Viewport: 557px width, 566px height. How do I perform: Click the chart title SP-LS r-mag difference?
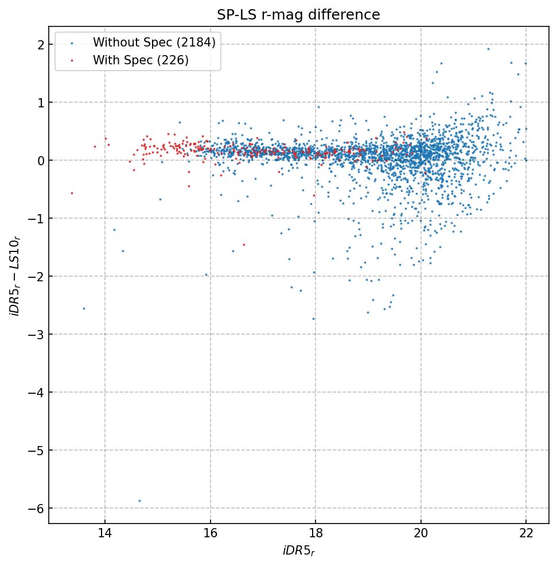coord(298,15)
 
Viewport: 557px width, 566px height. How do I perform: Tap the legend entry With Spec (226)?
coord(141,60)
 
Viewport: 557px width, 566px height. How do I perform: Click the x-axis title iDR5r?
coord(298,551)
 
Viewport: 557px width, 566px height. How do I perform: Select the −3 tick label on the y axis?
coord(36,335)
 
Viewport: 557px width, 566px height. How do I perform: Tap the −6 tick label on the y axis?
coord(36,509)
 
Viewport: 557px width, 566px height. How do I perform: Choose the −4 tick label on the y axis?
coord(36,393)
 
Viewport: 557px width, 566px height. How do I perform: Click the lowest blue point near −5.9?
coord(139,501)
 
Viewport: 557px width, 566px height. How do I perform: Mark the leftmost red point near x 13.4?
coord(72,193)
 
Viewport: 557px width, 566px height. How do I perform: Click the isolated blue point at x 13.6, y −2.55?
coord(84,308)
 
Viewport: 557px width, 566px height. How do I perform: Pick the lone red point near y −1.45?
coord(244,245)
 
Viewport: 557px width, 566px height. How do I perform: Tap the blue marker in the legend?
coord(72,42)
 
